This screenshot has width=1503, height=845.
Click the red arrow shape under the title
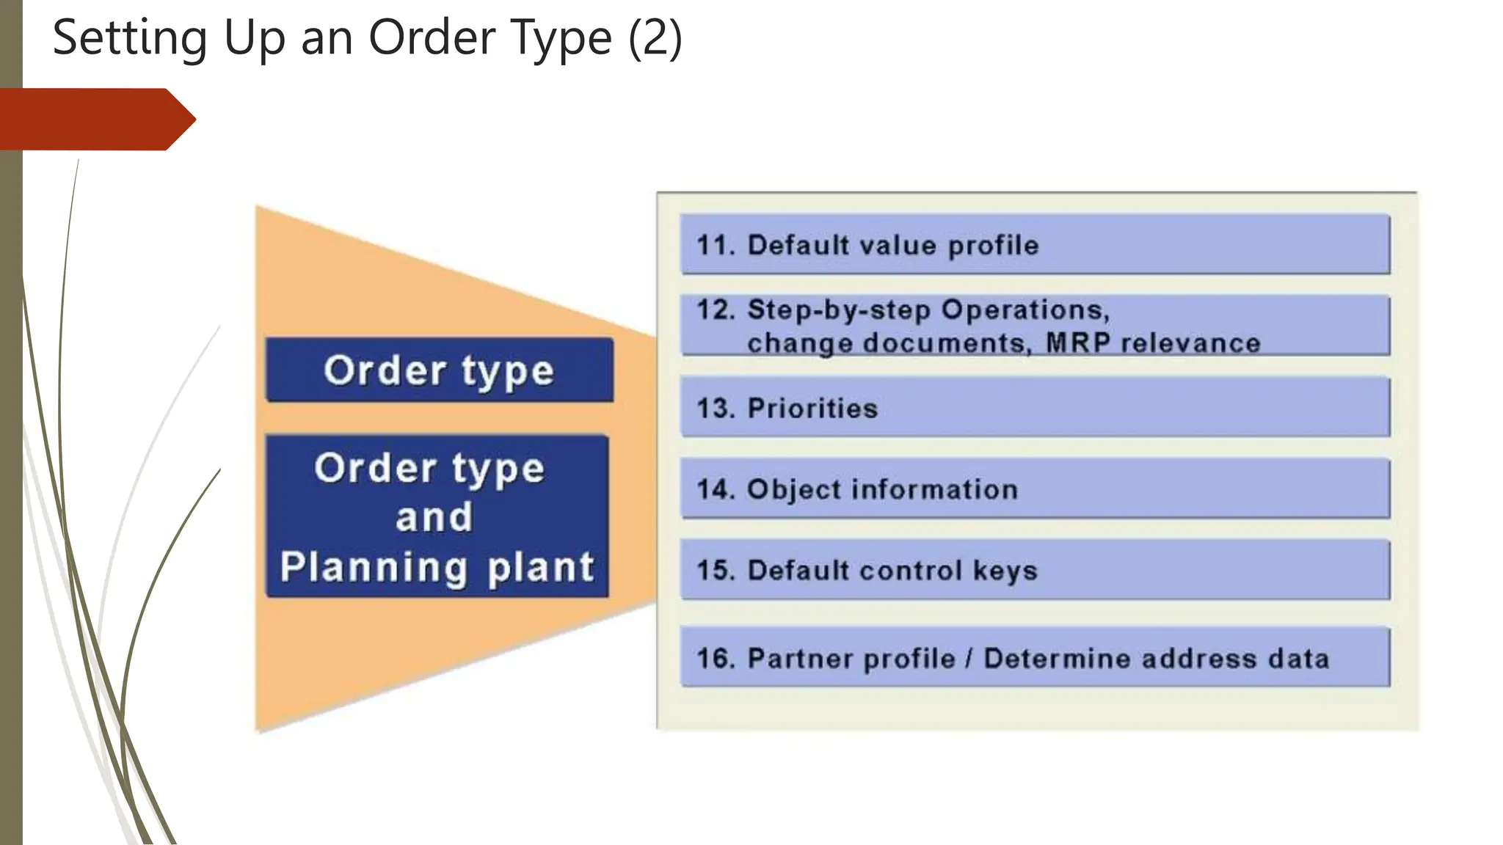click(95, 119)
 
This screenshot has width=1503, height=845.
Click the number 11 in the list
click(715, 245)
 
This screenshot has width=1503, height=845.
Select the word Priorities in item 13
click(812, 409)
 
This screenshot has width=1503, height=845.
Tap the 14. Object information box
click(1035, 489)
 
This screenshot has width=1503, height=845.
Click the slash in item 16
click(969, 659)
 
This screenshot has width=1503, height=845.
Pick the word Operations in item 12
click(1025, 310)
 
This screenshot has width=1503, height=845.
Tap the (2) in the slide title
click(655, 38)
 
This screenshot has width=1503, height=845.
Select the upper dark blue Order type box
click(439, 370)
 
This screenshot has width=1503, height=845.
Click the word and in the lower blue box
click(434, 517)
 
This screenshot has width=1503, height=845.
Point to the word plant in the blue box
click(541, 567)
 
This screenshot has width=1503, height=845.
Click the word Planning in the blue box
click(374, 567)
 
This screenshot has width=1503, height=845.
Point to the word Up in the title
click(254, 38)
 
